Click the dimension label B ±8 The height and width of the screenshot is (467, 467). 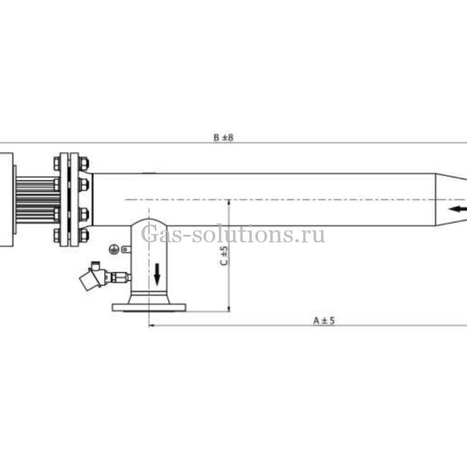click(223, 137)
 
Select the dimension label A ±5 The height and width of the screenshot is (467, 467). click(324, 320)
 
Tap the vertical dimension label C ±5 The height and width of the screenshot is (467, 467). click(223, 256)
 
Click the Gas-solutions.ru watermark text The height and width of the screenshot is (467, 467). click(233, 235)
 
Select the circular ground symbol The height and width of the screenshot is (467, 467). click(114, 249)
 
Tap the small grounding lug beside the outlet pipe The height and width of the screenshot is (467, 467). click(127, 249)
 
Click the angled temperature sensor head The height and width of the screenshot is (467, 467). click(92, 277)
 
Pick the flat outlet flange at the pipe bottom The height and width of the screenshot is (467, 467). click(149, 308)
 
